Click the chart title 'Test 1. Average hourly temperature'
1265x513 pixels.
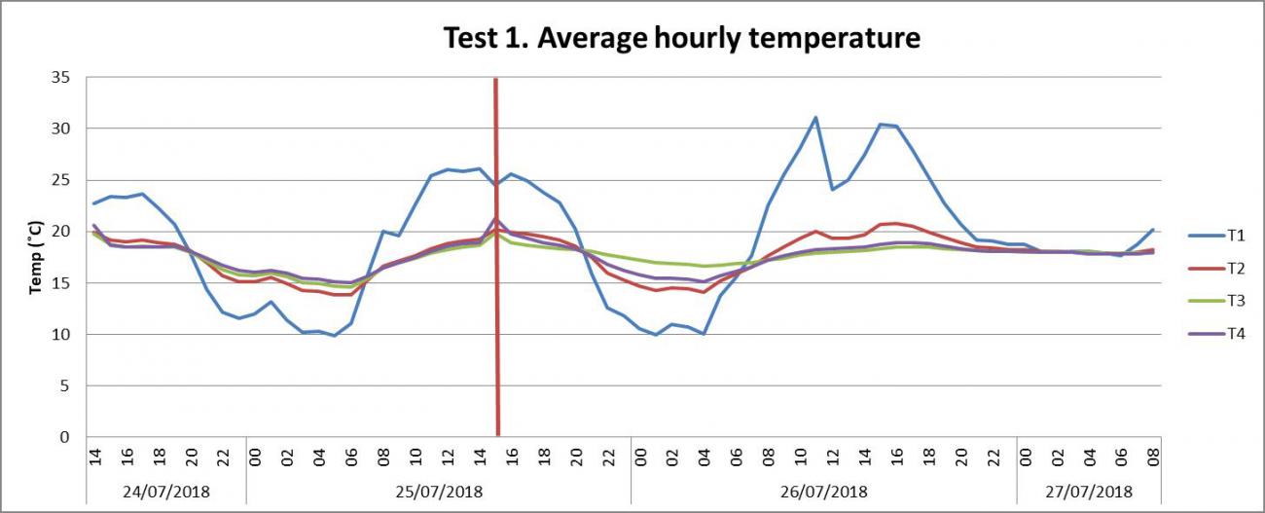[681, 38]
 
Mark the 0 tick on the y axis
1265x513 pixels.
[64, 437]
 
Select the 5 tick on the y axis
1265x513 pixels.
[64, 385]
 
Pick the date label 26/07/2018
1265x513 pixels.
[823, 490]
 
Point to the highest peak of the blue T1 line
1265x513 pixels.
[814, 118]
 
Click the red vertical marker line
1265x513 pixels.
[496, 292]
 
